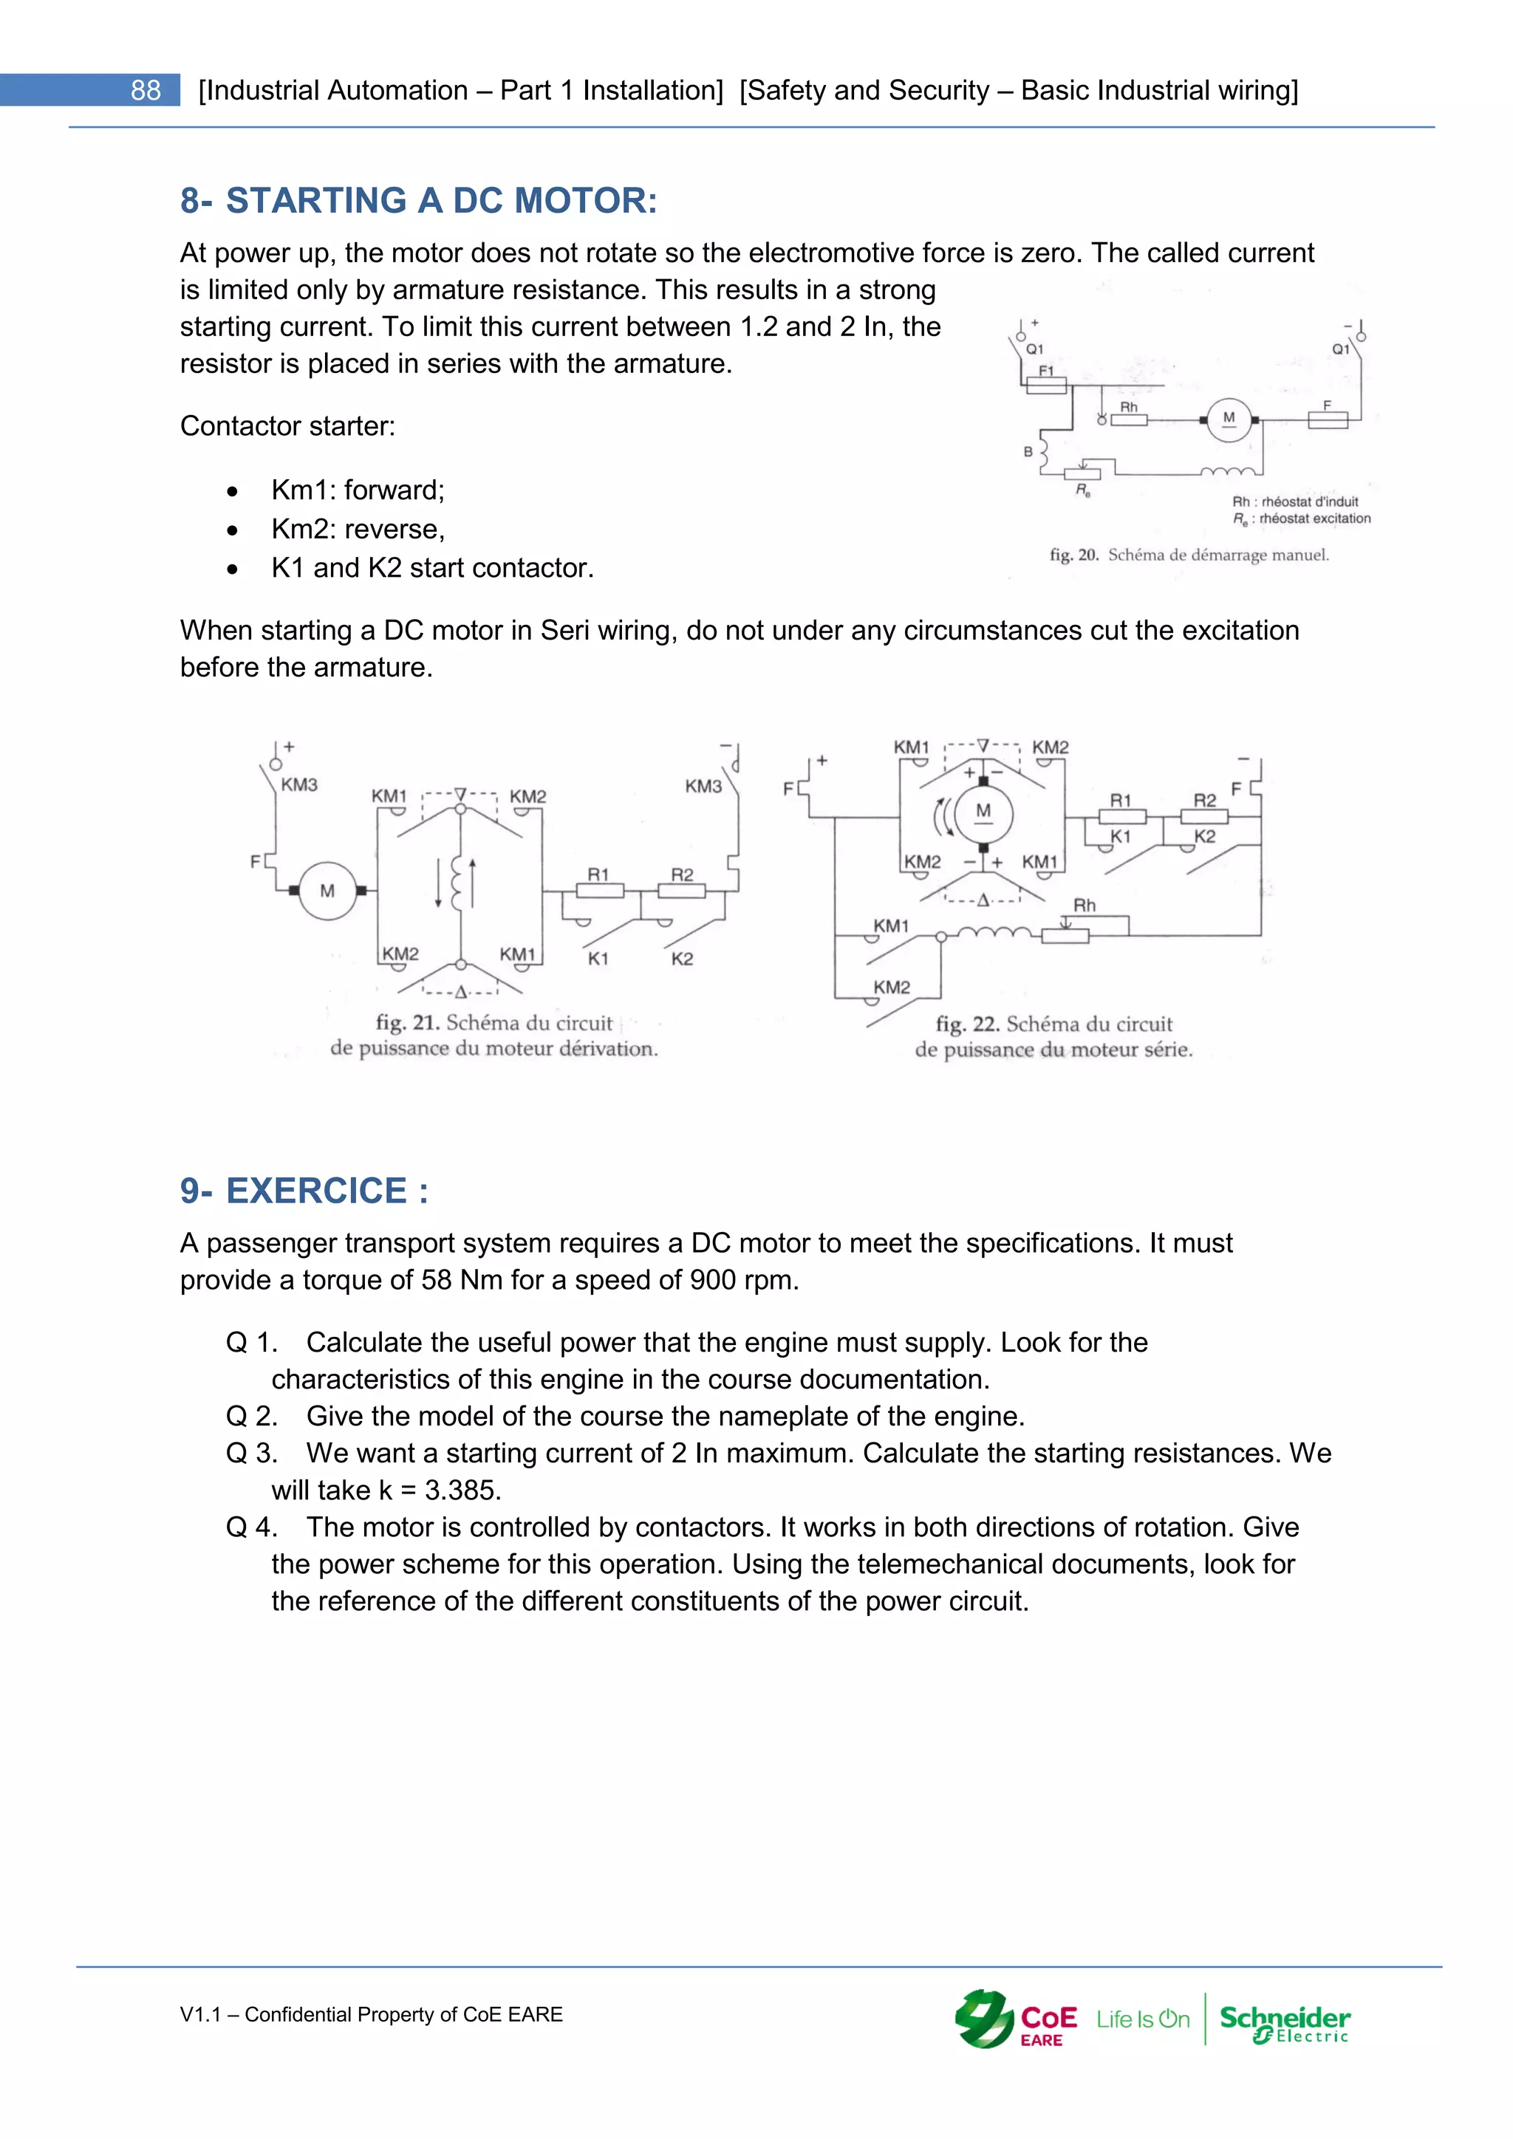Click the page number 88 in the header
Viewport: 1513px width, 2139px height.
146,90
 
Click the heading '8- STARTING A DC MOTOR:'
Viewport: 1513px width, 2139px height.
418,200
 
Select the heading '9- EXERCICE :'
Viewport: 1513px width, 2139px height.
304,1190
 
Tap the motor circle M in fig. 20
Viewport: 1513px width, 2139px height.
1229,420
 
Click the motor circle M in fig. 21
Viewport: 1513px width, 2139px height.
327,891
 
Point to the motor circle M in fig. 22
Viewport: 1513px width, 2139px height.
983,812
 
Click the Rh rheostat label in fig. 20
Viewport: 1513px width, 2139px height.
1128,407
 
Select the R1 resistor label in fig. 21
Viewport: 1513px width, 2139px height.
598,874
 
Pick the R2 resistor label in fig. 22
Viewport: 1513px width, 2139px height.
1205,800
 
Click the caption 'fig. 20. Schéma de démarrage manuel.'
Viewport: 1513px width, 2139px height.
1189,555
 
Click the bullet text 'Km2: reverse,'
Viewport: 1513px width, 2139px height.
358,529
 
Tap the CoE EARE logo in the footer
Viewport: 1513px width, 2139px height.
1016,2020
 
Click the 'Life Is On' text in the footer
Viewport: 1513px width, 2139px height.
1142,2020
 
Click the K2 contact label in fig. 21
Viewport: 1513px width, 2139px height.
682,959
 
